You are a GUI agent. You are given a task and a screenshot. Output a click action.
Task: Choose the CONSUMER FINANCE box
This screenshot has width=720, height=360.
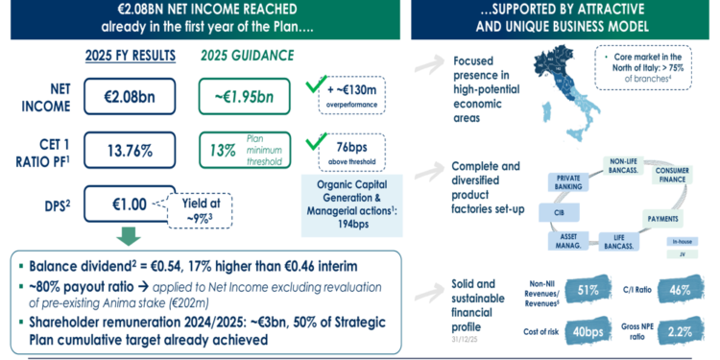tap(684, 175)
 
